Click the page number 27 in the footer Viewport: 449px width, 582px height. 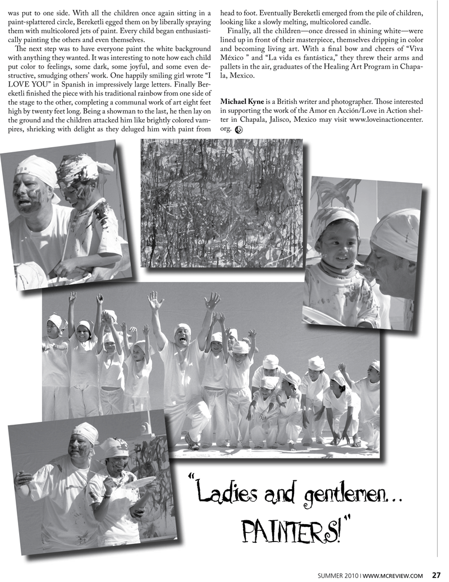coord(436,575)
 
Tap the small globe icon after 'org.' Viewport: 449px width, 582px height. coord(239,130)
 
